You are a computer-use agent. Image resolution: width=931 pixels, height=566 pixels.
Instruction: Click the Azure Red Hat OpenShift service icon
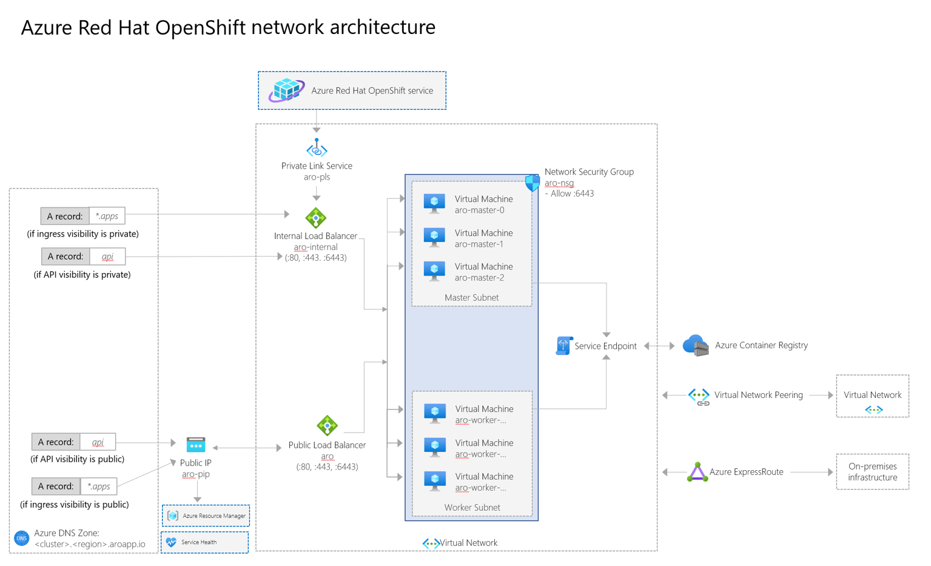coord(286,90)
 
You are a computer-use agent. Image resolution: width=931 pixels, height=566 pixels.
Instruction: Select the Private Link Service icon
coord(317,148)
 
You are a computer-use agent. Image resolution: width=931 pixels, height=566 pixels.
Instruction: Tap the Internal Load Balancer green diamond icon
coord(315,217)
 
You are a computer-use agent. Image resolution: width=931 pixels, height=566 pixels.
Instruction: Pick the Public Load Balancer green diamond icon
coord(327,425)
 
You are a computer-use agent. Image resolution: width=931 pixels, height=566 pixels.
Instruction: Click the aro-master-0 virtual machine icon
coord(434,203)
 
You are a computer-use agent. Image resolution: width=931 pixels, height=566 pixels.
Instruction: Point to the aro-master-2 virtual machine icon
coord(434,271)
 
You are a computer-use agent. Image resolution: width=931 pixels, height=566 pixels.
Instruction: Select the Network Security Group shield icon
coord(532,183)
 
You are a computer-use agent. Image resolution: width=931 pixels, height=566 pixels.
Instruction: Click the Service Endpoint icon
coord(563,345)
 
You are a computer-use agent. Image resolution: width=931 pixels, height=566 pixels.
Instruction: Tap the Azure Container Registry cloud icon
coord(695,345)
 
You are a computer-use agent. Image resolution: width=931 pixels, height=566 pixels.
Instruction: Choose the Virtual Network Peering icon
coord(699,396)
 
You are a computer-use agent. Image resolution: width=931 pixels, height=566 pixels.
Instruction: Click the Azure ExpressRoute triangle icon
coord(697,472)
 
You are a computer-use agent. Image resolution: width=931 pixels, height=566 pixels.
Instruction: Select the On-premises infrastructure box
coord(872,471)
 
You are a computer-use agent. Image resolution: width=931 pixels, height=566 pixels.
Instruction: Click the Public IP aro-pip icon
coord(195,445)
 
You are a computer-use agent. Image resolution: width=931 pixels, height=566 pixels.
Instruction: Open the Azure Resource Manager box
coord(206,516)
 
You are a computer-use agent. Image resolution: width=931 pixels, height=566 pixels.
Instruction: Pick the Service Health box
coord(204,542)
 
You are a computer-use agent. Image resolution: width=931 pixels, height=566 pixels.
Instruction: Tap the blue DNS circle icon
coord(22,538)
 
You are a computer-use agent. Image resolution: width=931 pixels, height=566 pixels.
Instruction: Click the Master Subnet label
coord(471,297)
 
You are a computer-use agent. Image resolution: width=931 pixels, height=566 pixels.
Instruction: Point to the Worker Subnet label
coord(472,507)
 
